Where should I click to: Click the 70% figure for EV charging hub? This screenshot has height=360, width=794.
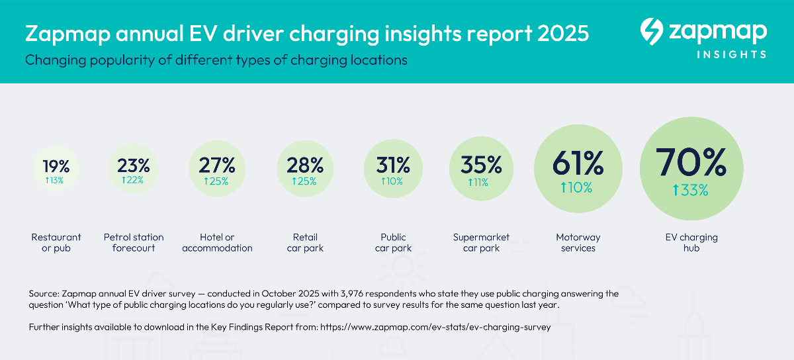coord(691,160)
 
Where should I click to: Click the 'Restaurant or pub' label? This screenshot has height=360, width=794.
coord(56,242)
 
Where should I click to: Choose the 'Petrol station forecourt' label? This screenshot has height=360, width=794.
coord(134,242)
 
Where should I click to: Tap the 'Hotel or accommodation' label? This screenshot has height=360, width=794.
coord(217,242)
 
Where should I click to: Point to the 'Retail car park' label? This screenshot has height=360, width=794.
coord(305,242)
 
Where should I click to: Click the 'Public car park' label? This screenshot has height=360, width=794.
coord(393,242)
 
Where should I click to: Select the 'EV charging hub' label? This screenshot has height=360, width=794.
coord(692,242)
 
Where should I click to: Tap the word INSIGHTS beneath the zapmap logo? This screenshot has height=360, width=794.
coord(731,54)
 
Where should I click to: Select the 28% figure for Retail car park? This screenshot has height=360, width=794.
coord(305,165)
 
